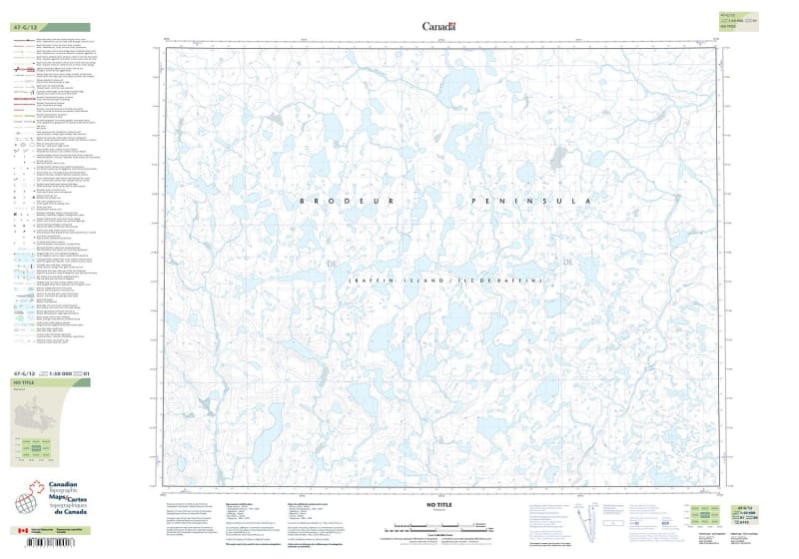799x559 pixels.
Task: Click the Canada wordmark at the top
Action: click(x=438, y=27)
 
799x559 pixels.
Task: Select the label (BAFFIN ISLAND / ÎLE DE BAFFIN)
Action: click(x=444, y=280)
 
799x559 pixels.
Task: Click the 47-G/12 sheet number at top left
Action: click(x=24, y=27)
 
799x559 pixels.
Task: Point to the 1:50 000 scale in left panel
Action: click(x=61, y=372)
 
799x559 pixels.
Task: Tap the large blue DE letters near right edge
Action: click(x=569, y=263)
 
